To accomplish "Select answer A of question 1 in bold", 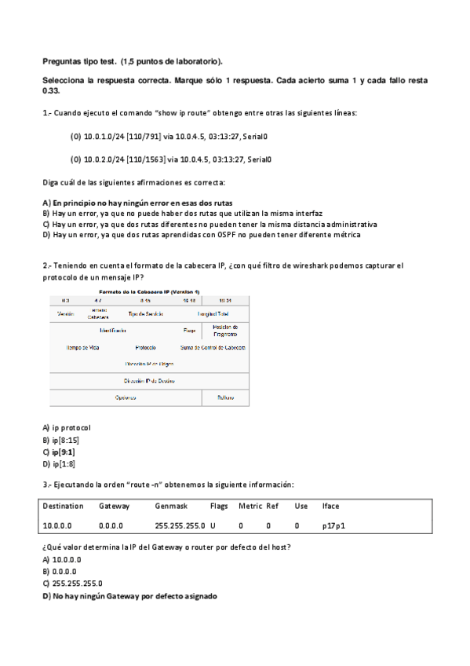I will pos(137,203).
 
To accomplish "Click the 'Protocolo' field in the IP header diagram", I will pos(145,347).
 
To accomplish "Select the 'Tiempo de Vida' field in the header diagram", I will pos(82,347).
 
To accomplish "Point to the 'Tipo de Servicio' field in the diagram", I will pos(146,314).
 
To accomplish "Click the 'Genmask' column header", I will pos(169,507).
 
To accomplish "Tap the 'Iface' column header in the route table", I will pos(330,507).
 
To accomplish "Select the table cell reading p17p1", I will pos(332,525).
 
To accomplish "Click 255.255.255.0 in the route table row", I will pos(180,525).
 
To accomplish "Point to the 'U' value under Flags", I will pos(213,525).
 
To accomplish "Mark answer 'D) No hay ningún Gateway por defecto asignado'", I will pos(129,596).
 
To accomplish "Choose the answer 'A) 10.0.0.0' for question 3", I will pos(62,559).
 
